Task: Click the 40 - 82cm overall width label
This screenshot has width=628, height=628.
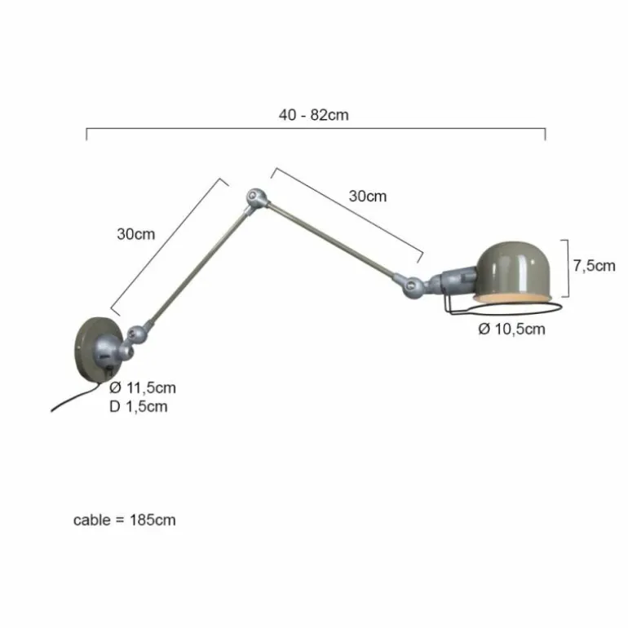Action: (314, 115)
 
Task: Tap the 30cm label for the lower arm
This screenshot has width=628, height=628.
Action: (135, 234)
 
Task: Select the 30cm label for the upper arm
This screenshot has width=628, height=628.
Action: (368, 196)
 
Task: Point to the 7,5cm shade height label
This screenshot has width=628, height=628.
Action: (594, 266)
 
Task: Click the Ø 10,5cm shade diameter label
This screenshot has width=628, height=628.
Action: (512, 329)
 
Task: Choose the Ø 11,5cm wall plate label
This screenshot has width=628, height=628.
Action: (143, 387)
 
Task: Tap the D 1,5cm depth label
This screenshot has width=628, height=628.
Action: (138, 406)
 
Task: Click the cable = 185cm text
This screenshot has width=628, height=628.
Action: (125, 520)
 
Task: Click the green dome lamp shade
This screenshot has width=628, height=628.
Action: (514, 270)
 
